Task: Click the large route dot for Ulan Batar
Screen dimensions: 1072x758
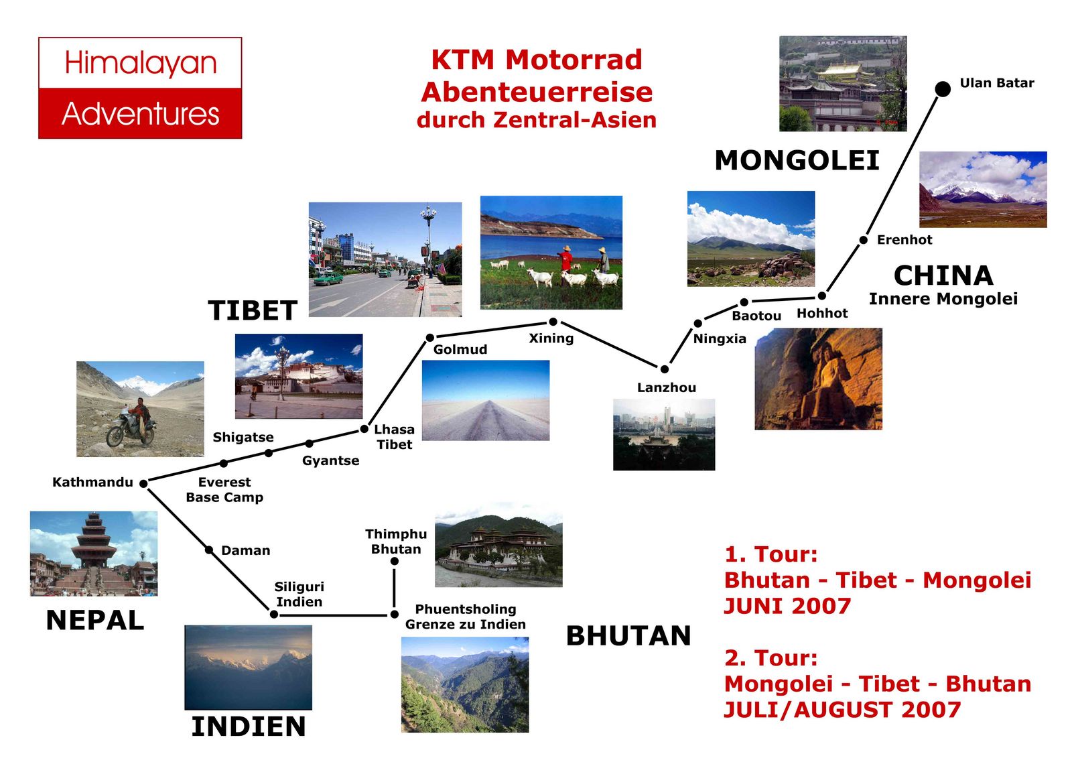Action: tap(942, 88)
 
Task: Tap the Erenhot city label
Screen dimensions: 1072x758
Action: tap(904, 239)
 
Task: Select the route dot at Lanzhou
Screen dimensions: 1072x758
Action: tap(664, 369)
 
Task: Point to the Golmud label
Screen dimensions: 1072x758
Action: tap(460, 350)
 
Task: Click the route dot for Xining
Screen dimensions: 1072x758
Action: tap(553, 321)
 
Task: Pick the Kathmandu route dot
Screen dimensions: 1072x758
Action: tap(143, 484)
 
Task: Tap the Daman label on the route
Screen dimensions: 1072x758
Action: tap(245, 550)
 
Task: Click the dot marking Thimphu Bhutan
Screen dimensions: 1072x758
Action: tap(395, 561)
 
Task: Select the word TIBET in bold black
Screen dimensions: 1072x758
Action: tap(252, 310)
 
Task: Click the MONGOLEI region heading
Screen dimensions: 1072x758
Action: tap(797, 160)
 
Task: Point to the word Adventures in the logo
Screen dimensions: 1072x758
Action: tap(140, 114)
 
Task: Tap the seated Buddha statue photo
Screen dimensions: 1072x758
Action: tap(818, 378)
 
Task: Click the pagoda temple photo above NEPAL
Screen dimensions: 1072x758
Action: tap(94, 554)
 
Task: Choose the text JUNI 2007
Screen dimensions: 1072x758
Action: tap(787, 606)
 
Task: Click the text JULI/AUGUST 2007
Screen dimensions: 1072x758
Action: tap(842, 710)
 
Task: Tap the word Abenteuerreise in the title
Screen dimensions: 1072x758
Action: tap(537, 92)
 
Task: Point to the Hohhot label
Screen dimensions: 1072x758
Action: tap(821, 313)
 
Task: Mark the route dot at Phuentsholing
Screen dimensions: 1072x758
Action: tap(395, 614)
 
